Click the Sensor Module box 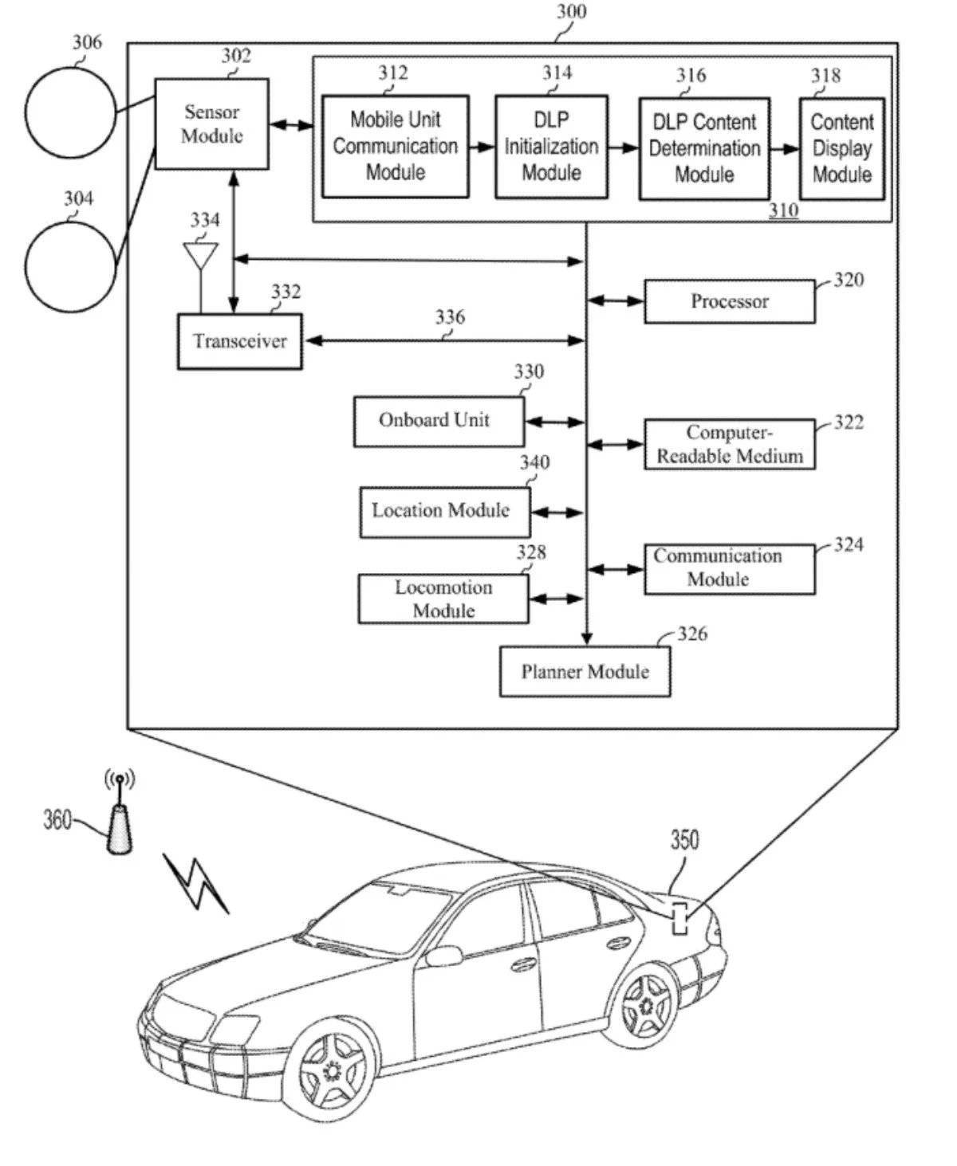click(x=211, y=124)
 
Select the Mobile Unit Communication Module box click(x=395, y=146)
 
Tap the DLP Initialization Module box click(x=551, y=147)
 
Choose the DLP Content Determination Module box click(x=704, y=148)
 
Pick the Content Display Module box click(x=841, y=148)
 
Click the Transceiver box click(x=239, y=341)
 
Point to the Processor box click(x=729, y=301)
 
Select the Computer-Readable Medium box click(x=729, y=444)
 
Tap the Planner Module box click(x=585, y=672)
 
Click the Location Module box click(x=444, y=511)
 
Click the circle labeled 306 click(x=70, y=112)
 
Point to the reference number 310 click(x=783, y=210)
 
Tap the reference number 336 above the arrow click(x=450, y=317)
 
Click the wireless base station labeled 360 click(x=119, y=821)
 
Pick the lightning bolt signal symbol click(x=195, y=881)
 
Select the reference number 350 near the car click(x=684, y=840)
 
